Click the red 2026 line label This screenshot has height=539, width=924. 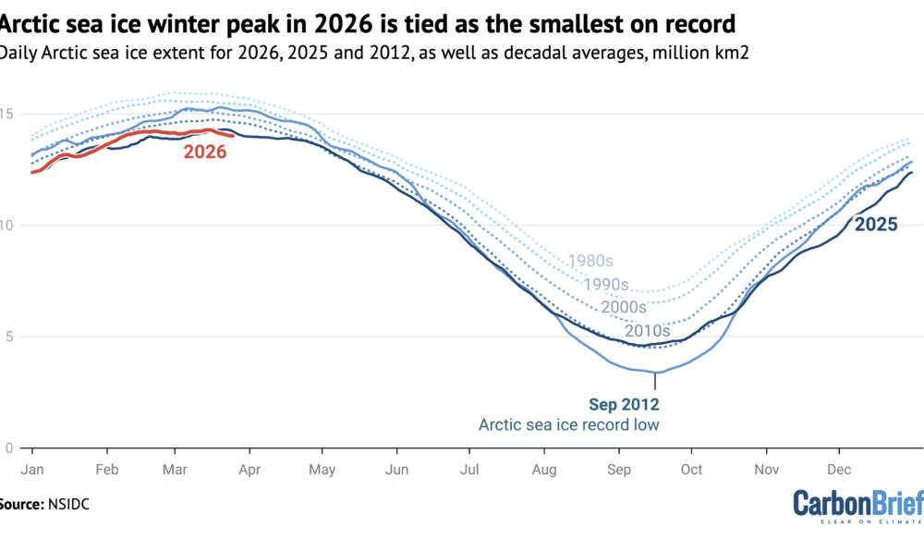pyautogui.click(x=204, y=153)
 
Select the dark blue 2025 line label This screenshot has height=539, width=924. pyautogui.click(x=877, y=223)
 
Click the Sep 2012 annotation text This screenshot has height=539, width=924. pyautogui.click(x=624, y=404)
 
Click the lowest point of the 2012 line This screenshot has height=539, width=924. pyautogui.click(x=655, y=373)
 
